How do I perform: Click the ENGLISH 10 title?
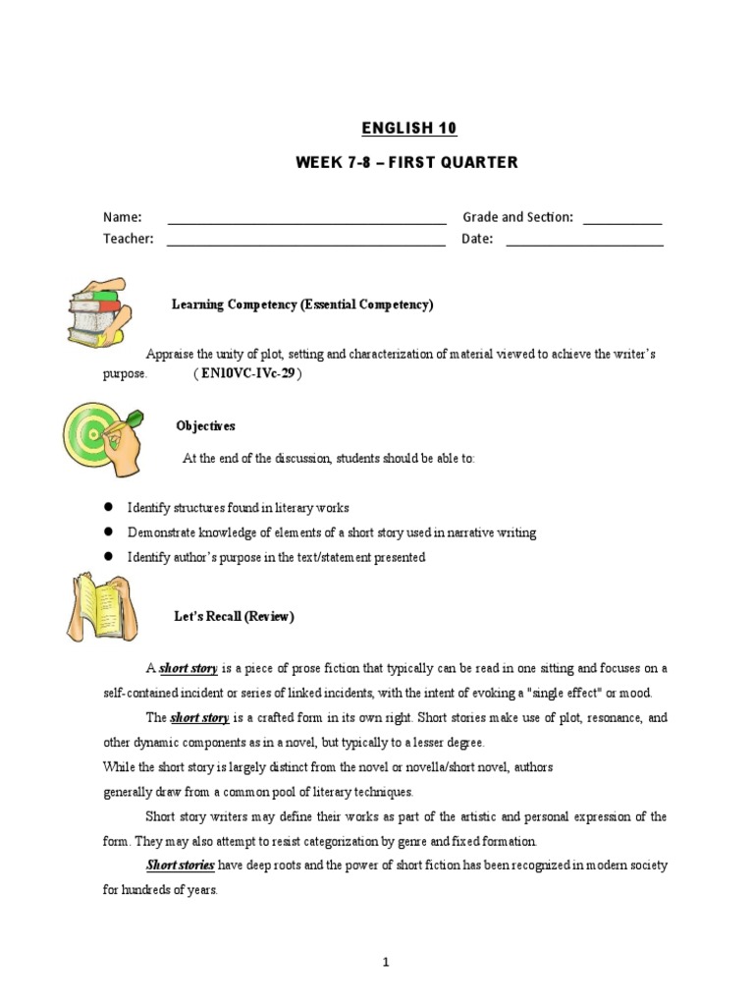pyautogui.click(x=408, y=129)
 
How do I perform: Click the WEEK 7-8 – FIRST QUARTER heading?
pyautogui.click(x=406, y=162)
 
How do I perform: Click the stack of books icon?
pyautogui.click(x=95, y=311)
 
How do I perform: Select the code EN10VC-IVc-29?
pyautogui.click(x=246, y=374)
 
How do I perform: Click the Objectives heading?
pyautogui.click(x=205, y=426)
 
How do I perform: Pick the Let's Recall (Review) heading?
pyautogui.click(x=229, y=617)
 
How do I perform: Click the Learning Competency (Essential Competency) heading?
pyautogui.click(x=302, y=305)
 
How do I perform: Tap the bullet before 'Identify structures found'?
pyautogui.click(x=110, y=508)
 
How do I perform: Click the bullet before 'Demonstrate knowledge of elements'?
pyautogui.click(x=110, y=532)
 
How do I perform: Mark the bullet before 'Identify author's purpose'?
pyautogui.click(x=110, y=557)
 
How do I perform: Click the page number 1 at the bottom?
pyautogui.click(x=386, y=963)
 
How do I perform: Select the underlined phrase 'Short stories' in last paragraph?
pyautogui.click(x=181, y=866)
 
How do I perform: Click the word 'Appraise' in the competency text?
pyautogui.click(x=169, y=354)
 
